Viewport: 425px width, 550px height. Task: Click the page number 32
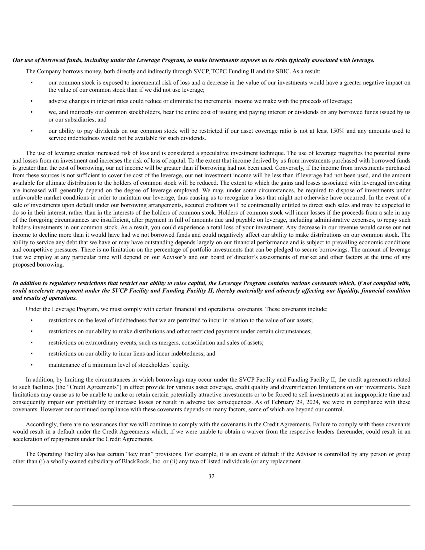click(x=211, y=476)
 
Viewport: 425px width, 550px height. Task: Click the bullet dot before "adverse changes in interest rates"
click(x=31, y=101)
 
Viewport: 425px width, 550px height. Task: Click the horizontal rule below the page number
click(x=211, y=505)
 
